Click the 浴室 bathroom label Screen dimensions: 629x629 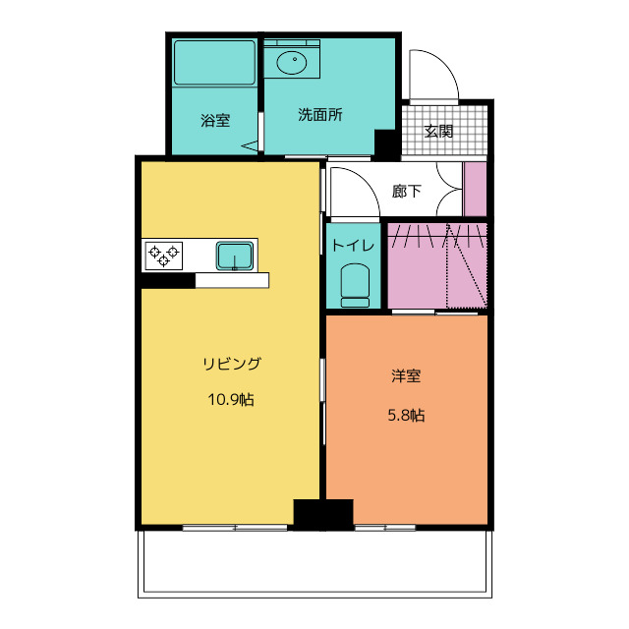[215, 121]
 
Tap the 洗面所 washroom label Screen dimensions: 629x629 [319, 114]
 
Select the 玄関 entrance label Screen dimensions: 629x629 [438, 131]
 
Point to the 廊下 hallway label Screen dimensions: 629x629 [407, 192]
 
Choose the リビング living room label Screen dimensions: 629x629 [232, 364]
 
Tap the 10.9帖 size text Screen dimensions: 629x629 [231, 400]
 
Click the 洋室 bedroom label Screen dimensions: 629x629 [406, 376]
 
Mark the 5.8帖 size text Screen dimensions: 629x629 [406, 415]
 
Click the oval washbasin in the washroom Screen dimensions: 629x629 [292, 64]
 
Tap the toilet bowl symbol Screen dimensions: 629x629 [354, 285]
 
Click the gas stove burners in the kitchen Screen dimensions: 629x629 [164, 256]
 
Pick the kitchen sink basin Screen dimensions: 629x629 [235, 256]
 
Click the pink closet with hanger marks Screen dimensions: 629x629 [436, 265]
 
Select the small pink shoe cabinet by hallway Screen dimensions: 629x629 [476, 189]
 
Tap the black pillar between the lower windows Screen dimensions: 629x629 [322, 515]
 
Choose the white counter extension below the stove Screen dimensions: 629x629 [232, 281]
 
